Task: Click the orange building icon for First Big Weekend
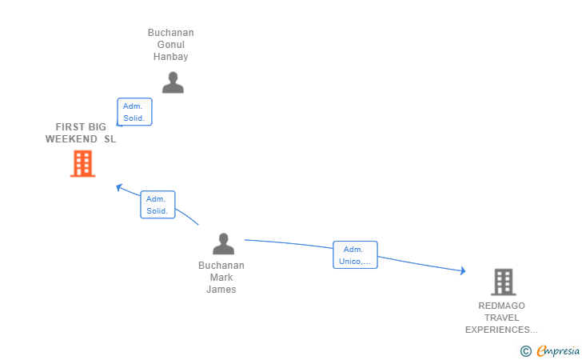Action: pyautogui.click(x=83, y=163)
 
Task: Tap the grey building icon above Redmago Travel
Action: pyautogui.click(x=504, y=282)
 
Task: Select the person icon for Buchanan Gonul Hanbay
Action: pyautogui.click(x=173, y=82)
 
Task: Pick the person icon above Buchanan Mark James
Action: pyautogui.click(x=224, y=244)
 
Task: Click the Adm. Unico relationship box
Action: pyautogui.click(x=355, y=255)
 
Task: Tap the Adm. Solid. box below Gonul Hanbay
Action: pyautogui.click(x=134, y=112)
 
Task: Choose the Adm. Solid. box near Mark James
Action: pyautogui.click(x=157, y=205)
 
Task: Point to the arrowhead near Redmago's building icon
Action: pyautogui.click(x=463, y=270)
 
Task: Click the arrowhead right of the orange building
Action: pyautogui.click(x=119, y=188)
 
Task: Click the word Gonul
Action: pyautogui.click(x=171, y=45)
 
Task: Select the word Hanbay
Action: pyautogui.click(x=171, y=57)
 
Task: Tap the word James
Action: pyautogui.click(x=221, y=290)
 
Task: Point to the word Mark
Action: pyautogui.click(x=221, y=278)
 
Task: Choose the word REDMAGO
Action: pyautogui.click(x=501, y=306)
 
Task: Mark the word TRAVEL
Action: pyautogui.click(x=501, y=318)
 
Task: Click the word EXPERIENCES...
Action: pyautogui.click(x=497, y=330)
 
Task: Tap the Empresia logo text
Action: pyautogui.click(x=558, y=350)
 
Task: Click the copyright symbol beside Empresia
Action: pyautogui.click(x=526, y=351)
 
